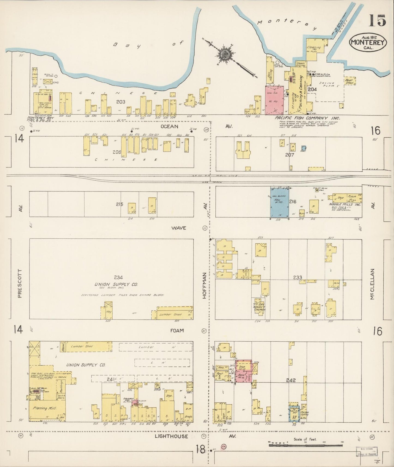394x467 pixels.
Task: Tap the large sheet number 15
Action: point(377,21)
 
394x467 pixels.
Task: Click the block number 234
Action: point(118,277)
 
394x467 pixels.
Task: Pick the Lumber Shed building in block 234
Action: point(172,314)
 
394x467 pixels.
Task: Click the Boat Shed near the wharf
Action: point(349,81)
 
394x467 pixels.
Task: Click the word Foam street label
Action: point(177,330)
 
